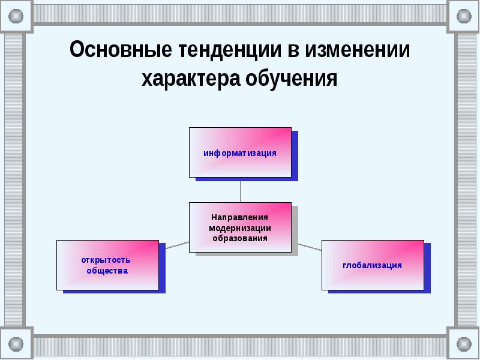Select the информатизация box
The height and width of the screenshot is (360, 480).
pyautogui.click(x=240, y=152)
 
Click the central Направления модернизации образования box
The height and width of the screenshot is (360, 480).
pyautogui.click(x=240, y=227)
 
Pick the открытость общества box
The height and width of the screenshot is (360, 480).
pyautogui.click(x=107, y=265)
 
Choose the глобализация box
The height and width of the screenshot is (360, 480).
pyautogui.click(x=373, y=265)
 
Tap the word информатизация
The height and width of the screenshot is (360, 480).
pyautogui.click(x=240, y=153)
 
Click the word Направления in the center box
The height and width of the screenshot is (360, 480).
pyautogui.click(x=240, y=217)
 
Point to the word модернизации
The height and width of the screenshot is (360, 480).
pyautogui.click(x=240, y=228)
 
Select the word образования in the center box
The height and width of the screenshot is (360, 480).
pyautogui.click(x=240, y=238)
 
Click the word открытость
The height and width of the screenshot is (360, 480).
pyautogui.click(x=106, y=260)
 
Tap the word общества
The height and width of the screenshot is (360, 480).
pyautogui.click(x=107, y=271)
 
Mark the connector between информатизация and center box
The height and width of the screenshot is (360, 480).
pyautogui.click(x=240, y=190)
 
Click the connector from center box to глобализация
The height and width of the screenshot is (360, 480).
pyautogui.click(x=310, y=245)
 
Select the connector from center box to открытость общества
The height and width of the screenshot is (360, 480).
pyautogui.click(x=177, y=244)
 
